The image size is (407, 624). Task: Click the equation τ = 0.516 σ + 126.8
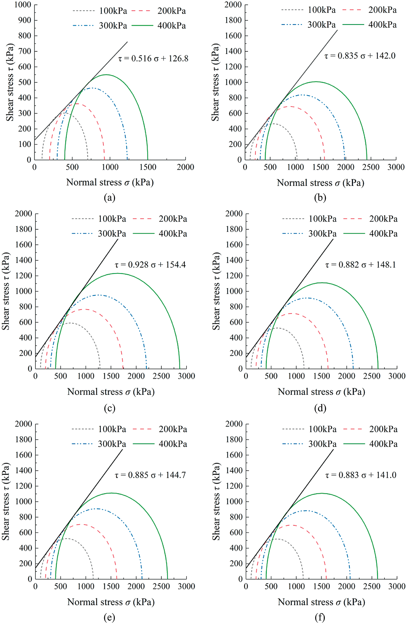pos(153,59)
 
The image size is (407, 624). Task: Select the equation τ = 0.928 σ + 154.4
pos(150,265)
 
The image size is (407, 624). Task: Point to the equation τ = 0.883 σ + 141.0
pos(361,475)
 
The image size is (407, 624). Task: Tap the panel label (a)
pos(110,198)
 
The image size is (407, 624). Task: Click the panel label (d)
pos(320,408)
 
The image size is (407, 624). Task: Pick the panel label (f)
pos(320,617)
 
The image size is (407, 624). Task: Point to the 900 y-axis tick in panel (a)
pos(25,20)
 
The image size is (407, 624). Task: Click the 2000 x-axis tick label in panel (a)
pos(185,167)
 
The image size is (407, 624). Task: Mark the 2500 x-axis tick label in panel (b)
pos(371,167)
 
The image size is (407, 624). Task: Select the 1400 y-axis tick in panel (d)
pos(234,260)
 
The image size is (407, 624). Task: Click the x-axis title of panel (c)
pos(111,392)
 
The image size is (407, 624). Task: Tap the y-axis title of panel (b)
pos(215,82)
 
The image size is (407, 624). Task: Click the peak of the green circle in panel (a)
pos(106,75)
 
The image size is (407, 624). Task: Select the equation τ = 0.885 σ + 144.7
pos(150,475)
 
